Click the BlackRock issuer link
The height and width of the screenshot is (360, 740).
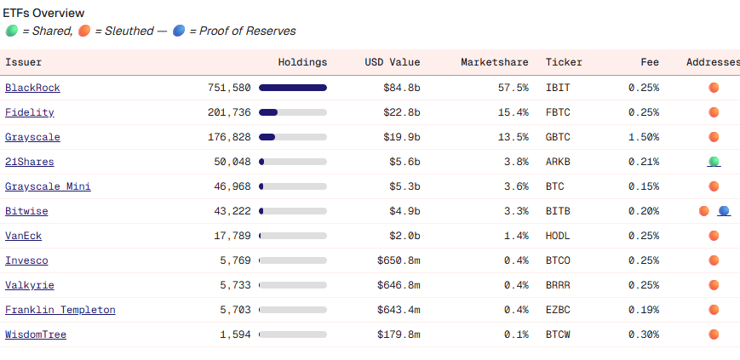pyautogui.click(x=32, y=88)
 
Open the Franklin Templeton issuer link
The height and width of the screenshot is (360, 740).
pyautogui.click(x=60, y=310)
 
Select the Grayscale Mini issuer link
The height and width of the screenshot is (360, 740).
pyautogui.click(x=48, y=186)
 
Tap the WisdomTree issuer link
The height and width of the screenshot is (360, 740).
pyautogui.click(x=36, y=334)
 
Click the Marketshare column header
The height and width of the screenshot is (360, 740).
pyautogui.click(x=494, y=62)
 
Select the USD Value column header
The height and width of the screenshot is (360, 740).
pyautogui.click(x=392, y=62)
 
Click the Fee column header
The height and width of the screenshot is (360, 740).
pyautogui.click(x=650, y=62)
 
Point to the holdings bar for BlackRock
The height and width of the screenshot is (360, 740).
pyautogui.click(x=293, y=88)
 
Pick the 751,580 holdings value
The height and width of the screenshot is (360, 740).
pyautogui.click(x=229, y=88)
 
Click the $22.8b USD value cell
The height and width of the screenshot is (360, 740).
pyautogui.click(x=402, y=112)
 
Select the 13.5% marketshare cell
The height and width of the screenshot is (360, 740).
pyautogui.click(x=513, y=137)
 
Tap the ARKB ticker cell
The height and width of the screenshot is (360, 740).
pyautogui.click(x=558, y=162)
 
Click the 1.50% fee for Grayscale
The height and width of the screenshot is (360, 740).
pyautogui.click(x=643, y=137)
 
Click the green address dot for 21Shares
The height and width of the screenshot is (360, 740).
pyautogui.click(x=714, y=161)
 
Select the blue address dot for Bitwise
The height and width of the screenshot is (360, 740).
pyautogui.click(x=724, y=210)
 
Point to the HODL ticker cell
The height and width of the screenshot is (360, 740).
pyautogui.click(x=558, y=236)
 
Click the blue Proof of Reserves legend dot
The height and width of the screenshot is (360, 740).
pyautogui.click(x=178, y=31)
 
